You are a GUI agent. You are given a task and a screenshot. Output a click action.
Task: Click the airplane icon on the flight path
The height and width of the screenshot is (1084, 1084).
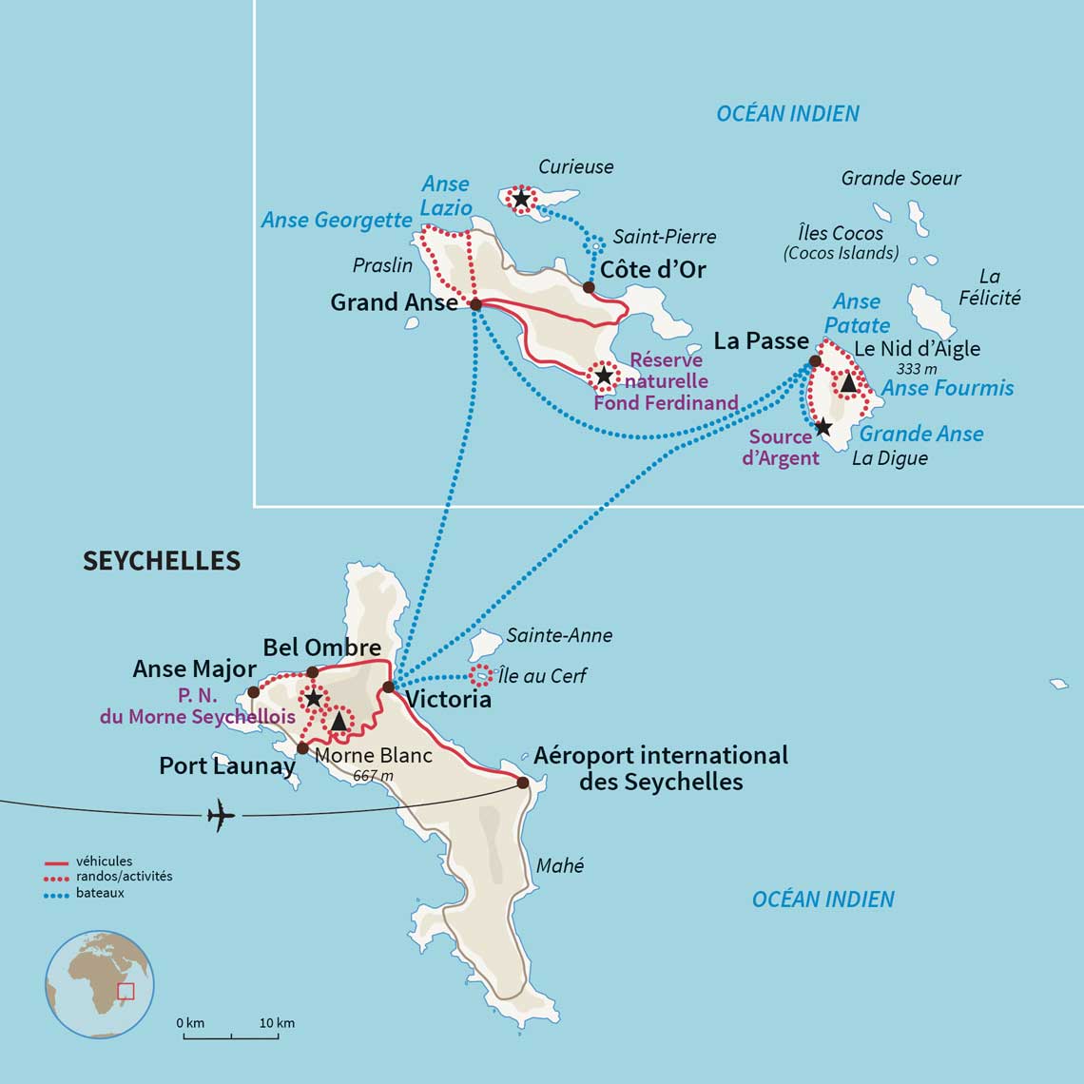pyautogui.click(x=221, y=816)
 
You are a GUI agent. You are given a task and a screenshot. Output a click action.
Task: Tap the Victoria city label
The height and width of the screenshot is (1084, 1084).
pyautogui.click(x=448, y=700)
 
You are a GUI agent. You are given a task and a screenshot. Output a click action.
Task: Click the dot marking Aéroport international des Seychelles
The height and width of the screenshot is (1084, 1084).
pyautogui.click(x=522, y=783)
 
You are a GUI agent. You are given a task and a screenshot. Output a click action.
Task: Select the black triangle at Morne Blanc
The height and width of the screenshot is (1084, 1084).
pyautogui.click(x=339, y=722)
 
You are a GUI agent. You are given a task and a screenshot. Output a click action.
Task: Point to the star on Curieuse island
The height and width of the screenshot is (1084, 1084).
pyautogui.click(x=521, y=199)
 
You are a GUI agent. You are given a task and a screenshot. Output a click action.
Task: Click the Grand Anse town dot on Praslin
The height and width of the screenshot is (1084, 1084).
pyautogui.click(x=476, y=304)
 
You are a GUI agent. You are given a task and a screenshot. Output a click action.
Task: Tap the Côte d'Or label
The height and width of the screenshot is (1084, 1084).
pyautogui.click(x=652, y=270)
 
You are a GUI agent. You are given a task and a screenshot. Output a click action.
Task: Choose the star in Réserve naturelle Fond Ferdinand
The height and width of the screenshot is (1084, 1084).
pyautogui.click(x=604, y=376)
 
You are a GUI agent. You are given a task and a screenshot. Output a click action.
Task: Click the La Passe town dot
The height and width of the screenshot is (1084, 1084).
pyautogui.click(x=814, y=361)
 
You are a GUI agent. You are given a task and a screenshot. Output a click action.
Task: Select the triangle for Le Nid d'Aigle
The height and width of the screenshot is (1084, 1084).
pyautogui.click(x=847, y=382)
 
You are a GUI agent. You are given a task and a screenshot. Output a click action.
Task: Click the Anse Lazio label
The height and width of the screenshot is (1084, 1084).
pyautogui.click(x=447, y=195)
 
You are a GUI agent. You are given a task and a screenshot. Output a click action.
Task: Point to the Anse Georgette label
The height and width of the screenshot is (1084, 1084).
pyautogui.click(x=337, y=220)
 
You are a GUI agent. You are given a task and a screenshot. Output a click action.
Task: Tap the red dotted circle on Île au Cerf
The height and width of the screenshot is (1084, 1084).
pyautogui.click(x=481, y=676)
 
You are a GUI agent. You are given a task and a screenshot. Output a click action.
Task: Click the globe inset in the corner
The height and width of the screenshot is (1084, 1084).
pyautogui.click(x=100, y=984)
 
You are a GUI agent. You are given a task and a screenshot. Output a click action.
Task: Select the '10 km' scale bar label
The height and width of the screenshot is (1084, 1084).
pyautogui.click(x=276, y=1023)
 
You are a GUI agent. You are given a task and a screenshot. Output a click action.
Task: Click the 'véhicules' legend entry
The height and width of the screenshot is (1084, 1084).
pyautogui.click(x=104, y=861)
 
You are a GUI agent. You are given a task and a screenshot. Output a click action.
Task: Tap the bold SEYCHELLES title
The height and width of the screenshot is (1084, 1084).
pyautogui.click(x=162, y=561)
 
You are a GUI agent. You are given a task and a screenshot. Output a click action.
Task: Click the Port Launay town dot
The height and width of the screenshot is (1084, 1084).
pyautogui.click(x=302, y=747)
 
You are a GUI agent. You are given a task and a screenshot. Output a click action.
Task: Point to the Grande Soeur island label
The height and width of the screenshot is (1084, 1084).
pyautogui.click(x=900, y=178)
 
